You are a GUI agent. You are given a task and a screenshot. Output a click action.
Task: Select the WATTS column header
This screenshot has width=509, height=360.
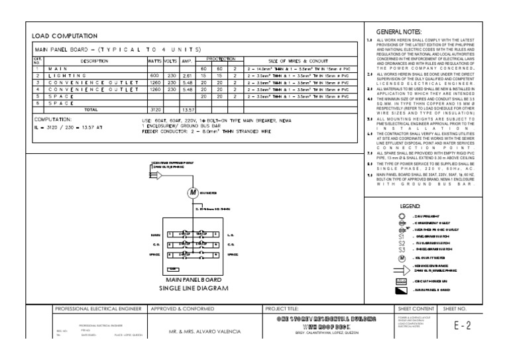156,60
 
